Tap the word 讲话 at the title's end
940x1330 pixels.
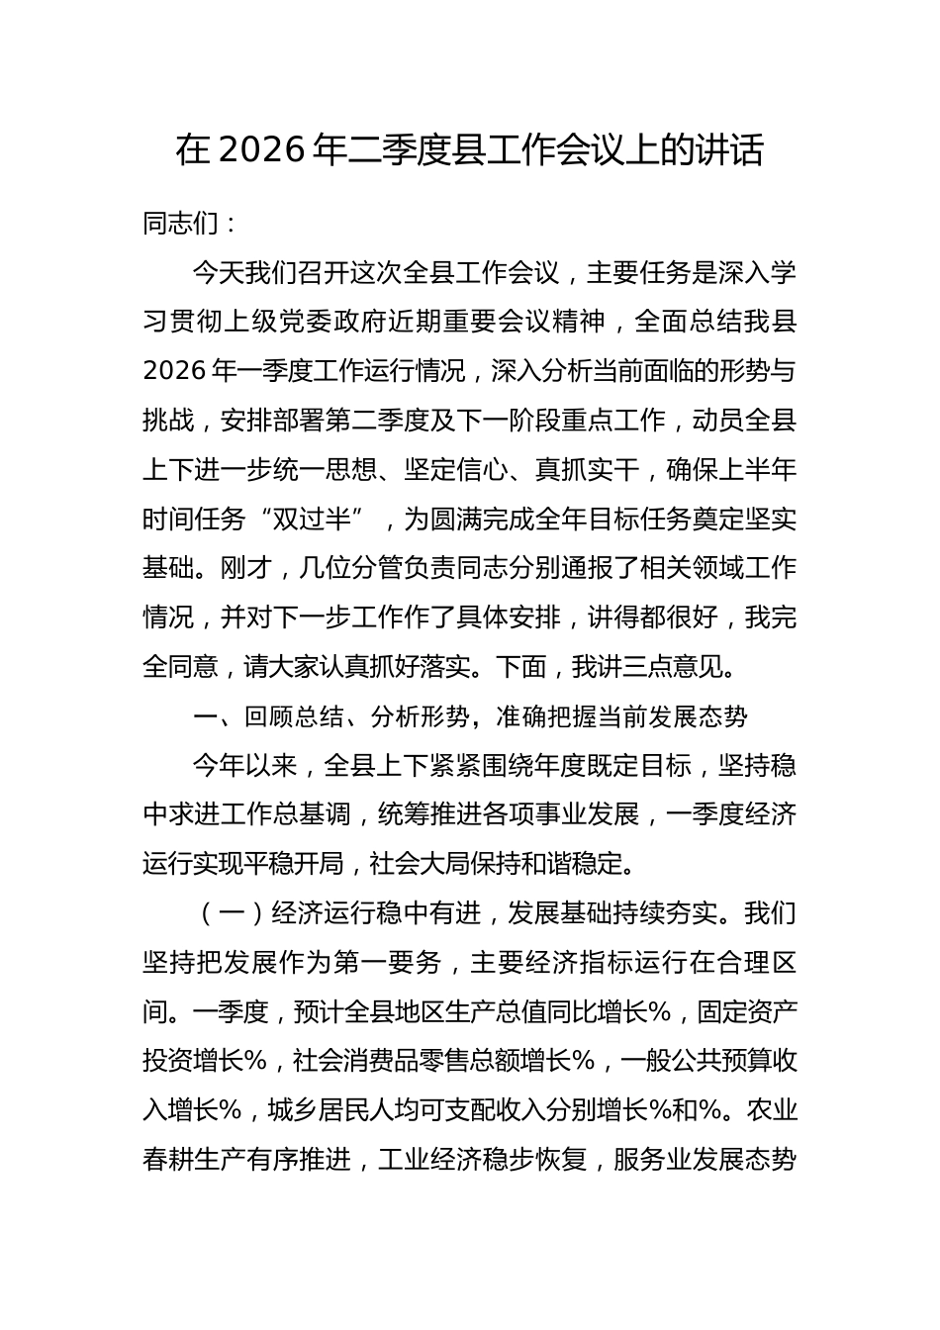pos(737,150)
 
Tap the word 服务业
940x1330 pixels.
pos(652,1160)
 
